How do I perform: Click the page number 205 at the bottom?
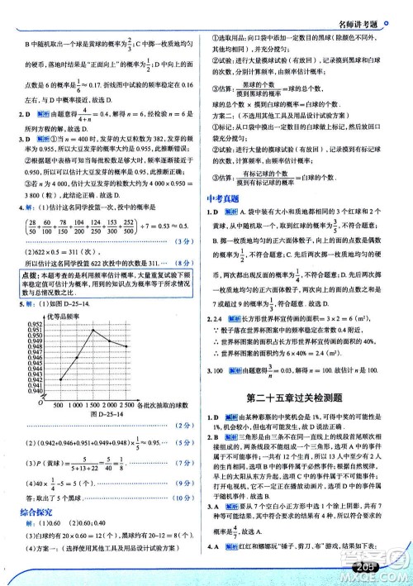[x=385, y=569]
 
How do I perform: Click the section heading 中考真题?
[x=222, y=220]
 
